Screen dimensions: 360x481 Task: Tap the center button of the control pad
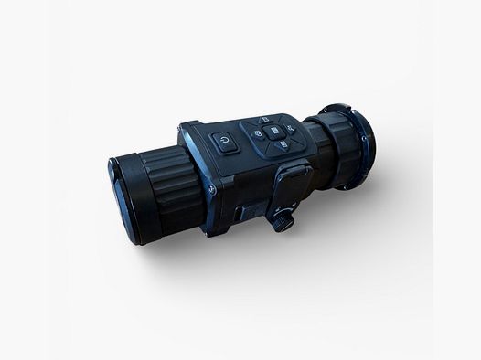[273, 132]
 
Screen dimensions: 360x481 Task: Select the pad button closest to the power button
[258, 133]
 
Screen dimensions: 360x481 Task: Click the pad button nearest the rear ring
[290, 130]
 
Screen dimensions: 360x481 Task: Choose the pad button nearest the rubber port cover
[283, 145]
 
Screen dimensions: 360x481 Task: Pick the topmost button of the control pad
[265, 119]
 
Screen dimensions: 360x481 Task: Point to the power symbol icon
[224, 142]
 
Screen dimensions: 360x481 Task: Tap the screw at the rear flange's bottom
[345, 186]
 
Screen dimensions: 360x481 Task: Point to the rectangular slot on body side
[239, 212]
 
